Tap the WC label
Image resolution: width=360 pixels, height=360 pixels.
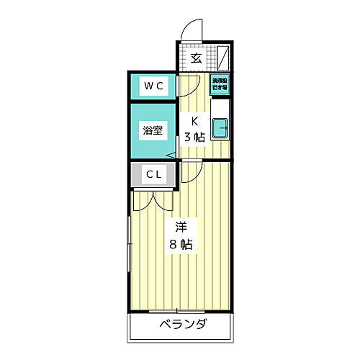coord(153,86)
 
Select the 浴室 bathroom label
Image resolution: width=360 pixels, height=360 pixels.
coord(152,131)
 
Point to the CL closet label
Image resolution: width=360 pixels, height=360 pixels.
coord(153,174)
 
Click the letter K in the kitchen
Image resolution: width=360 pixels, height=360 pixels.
coord(194,120)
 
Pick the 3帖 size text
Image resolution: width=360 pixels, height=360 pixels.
coord(194,137)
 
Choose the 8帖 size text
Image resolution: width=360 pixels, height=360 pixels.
coord(180,244)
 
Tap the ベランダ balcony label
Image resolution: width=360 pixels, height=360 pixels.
coord(181,324)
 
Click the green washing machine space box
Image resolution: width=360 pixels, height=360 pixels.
coord(220,84)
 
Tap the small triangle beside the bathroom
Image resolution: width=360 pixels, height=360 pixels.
coord(171,155)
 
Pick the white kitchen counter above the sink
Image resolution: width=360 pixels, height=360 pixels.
coord(222,104)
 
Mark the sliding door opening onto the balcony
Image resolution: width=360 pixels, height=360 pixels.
coord(180,312)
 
